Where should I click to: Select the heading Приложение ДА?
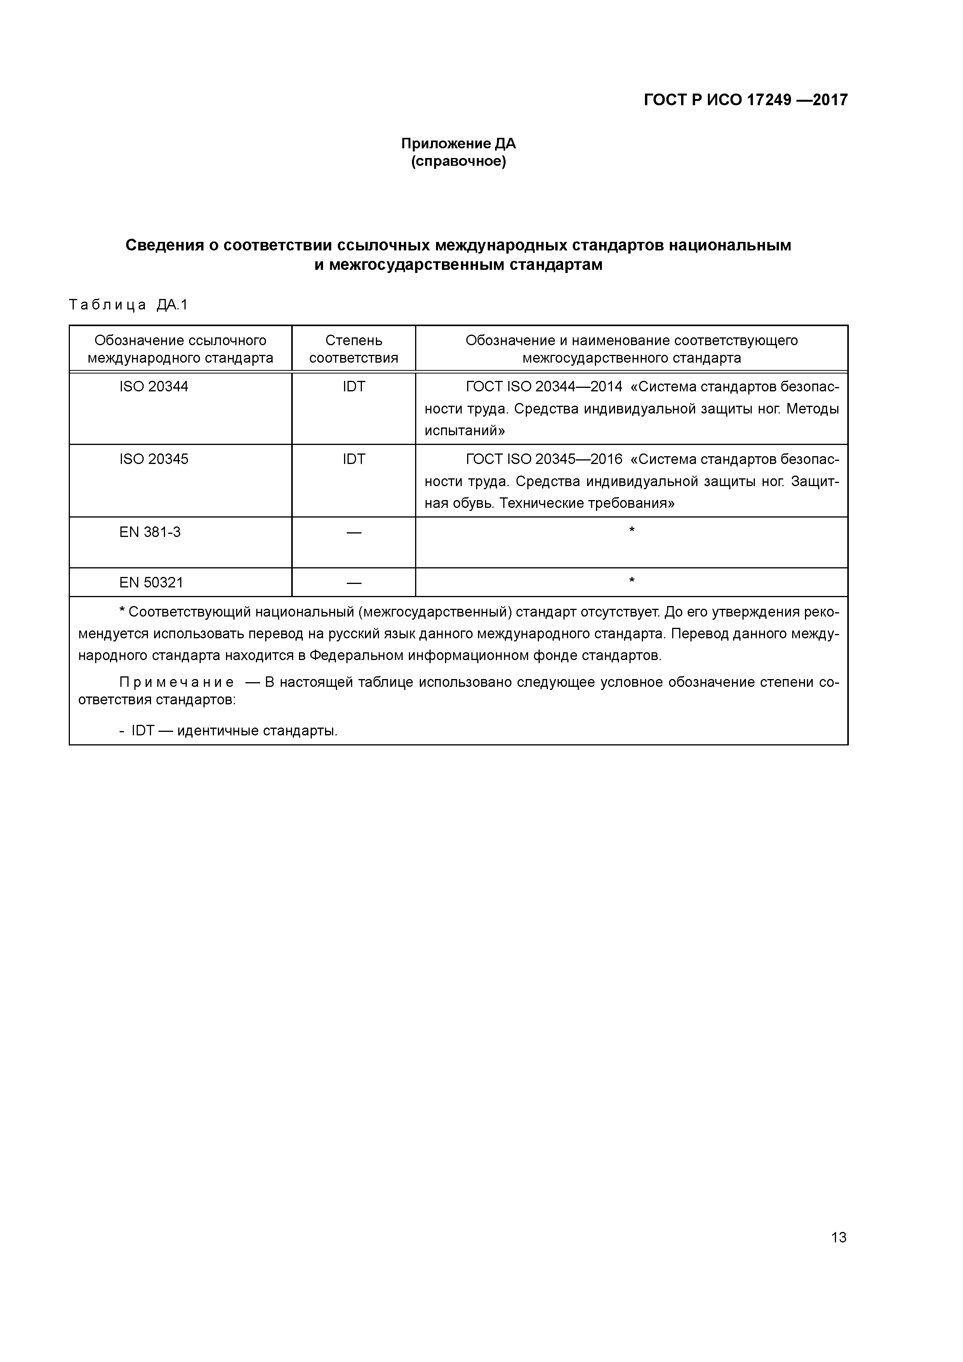point(458,144)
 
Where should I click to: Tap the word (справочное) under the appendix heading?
point(458,162)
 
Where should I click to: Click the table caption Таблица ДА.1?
point(128,305)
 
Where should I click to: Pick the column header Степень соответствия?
point(354,349)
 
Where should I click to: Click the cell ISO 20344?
point(154,387)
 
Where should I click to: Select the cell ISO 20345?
point(154,459)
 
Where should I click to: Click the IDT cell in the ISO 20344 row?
point(354,387)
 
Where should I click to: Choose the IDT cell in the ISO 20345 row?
point(354,459)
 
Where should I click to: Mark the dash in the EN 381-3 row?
point(354,533)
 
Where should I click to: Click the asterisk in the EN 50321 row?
point(631,581)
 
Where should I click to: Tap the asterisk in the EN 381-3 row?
point(631,530)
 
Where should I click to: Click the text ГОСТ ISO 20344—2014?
point(544,387)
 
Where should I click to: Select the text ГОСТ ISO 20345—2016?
point(544,459)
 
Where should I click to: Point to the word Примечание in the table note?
point(176,682)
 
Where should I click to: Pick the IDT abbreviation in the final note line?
point(143,731)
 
